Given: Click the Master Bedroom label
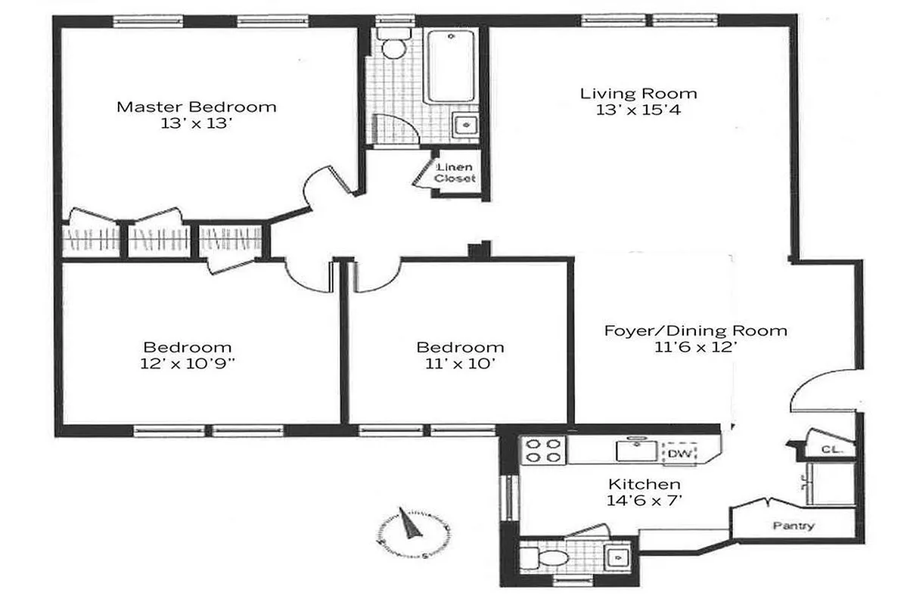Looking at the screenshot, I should coord(196,107).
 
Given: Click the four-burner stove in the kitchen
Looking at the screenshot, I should coord(542,451).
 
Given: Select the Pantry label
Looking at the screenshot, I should coord(793,526).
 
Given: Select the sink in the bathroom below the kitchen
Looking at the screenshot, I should coord(620,559).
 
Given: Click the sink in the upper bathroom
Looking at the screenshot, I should coord(465,124).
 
